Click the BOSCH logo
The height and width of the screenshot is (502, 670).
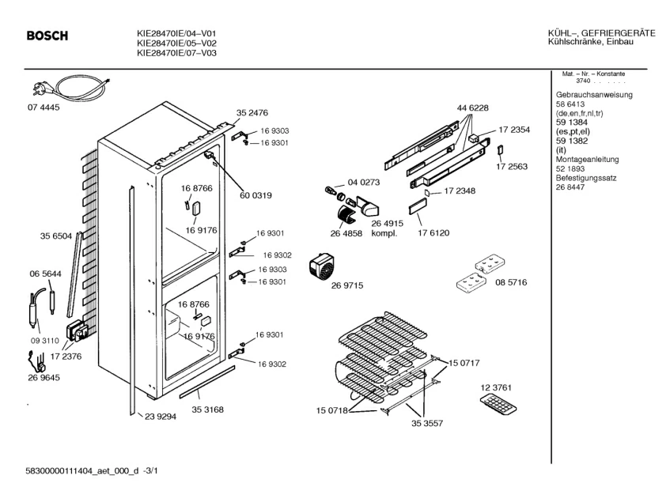(47, 36)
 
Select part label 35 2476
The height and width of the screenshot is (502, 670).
(252, 113)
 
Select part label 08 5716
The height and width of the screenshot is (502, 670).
(511, 282)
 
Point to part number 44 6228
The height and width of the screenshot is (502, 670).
(472, 108)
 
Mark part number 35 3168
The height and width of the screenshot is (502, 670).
(206, 410)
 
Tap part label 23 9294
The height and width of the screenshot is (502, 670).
(160, 416)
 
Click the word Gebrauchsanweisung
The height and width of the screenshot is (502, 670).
(594, 95)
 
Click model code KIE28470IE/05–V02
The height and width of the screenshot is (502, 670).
(177, 43)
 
